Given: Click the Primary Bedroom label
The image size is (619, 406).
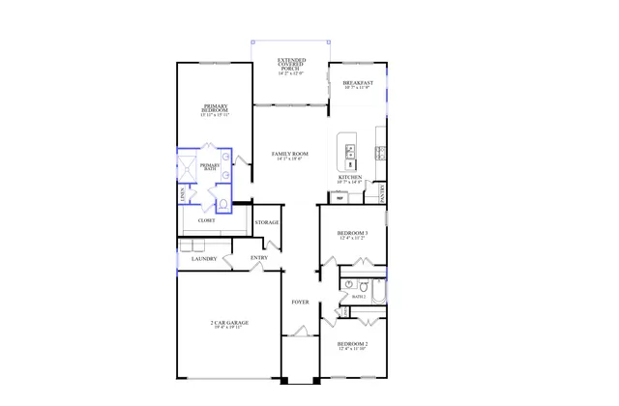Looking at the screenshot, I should click(x=215, y=108).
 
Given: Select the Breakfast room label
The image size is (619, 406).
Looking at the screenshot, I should click(x=357, y=84).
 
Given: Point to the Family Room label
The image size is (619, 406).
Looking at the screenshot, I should click(x=290, y=155).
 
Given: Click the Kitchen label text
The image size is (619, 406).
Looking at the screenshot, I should click(x=350, y=179).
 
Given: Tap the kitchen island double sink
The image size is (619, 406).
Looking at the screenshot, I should click(x=348, y=151).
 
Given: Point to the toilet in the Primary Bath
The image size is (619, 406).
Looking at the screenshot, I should click(x=221, y=203).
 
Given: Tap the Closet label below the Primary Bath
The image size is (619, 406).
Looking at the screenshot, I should click(x=206, y=220).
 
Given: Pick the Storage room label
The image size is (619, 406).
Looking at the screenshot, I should click(x=267, y=222).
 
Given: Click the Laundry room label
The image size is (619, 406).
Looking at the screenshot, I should click(x=203, y=259).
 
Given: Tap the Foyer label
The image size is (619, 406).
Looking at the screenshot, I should click(x=301, y=303).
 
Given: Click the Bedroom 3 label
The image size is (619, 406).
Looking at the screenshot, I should click(x=352, y=234).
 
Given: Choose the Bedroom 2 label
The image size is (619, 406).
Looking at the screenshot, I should click(x=352, y=345).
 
